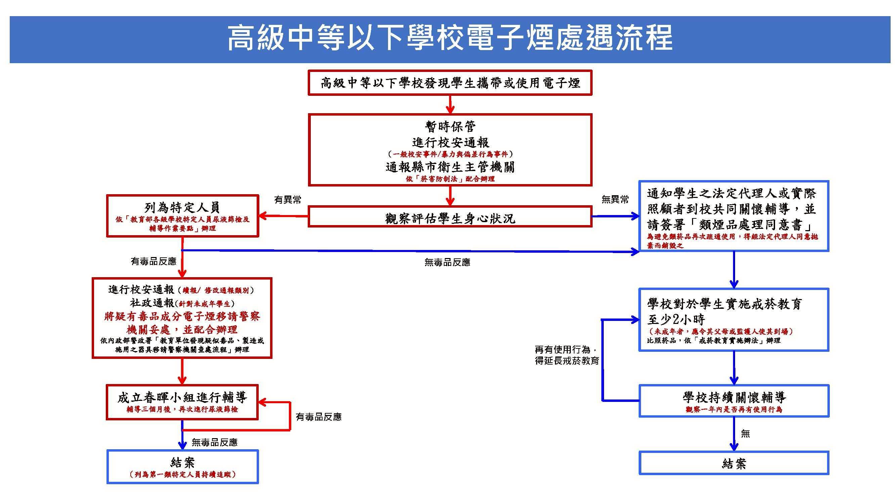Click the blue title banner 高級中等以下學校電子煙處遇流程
click(450, 39)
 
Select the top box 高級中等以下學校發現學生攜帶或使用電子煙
click(450, 83)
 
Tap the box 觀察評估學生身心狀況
click(450, 218)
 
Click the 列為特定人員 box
click(182, 216)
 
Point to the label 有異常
click(287, 200)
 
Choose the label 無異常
click(615, 200)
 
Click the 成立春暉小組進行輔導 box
click(182, 402)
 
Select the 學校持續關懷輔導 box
click(734, 401)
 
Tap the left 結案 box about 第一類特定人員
click(182, 467)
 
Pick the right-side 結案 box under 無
click(734, 463)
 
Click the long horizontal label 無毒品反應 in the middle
click(447, 262)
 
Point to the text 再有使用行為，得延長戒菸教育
click(567, 355)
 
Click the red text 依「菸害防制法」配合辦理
click(450, 179)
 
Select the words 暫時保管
click(450, 126)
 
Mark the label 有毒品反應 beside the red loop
click(318, 417)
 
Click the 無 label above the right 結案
click(745, 433)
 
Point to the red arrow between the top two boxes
click(450, 104)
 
